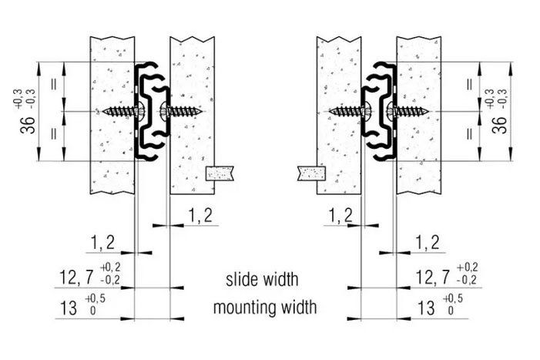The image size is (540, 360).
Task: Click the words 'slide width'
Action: point(262,279)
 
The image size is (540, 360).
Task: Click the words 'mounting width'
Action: point(265,307)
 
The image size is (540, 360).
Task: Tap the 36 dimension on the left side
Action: point(28,125)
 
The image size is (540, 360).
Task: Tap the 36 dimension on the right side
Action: point(500,125)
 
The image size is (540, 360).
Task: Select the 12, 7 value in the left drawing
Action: point(76,278)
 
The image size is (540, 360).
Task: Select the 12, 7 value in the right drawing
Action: point(433,277)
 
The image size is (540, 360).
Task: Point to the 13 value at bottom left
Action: point(69,308)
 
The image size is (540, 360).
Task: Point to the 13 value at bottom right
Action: point(426,308)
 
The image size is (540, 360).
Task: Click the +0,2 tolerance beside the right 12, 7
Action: point(467,267)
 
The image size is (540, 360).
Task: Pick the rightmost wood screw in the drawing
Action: point(409,111)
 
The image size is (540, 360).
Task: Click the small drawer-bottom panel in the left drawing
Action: point(220,173)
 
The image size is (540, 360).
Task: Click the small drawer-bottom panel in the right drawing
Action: point(311,173)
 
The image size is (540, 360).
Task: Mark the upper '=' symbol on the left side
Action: point(54,85)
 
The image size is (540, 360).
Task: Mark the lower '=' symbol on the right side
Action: point(469,133)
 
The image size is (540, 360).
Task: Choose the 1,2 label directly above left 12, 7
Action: point(102,243)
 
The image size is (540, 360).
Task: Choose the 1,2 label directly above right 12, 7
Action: point(428,243)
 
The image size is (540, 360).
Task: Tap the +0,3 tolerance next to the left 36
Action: point(18,99)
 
